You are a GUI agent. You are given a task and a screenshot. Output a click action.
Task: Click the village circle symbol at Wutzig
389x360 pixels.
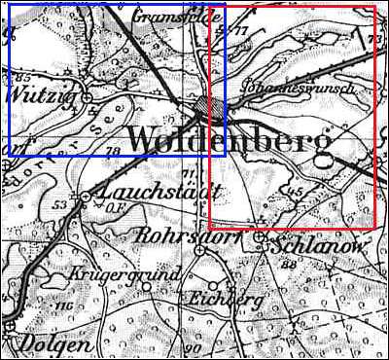click(x=87, y=97)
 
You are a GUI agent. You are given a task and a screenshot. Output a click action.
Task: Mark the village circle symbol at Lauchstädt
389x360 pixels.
click(x=85, y=197)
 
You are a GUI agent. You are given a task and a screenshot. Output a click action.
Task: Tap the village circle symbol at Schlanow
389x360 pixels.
click(x=260, y=235)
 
